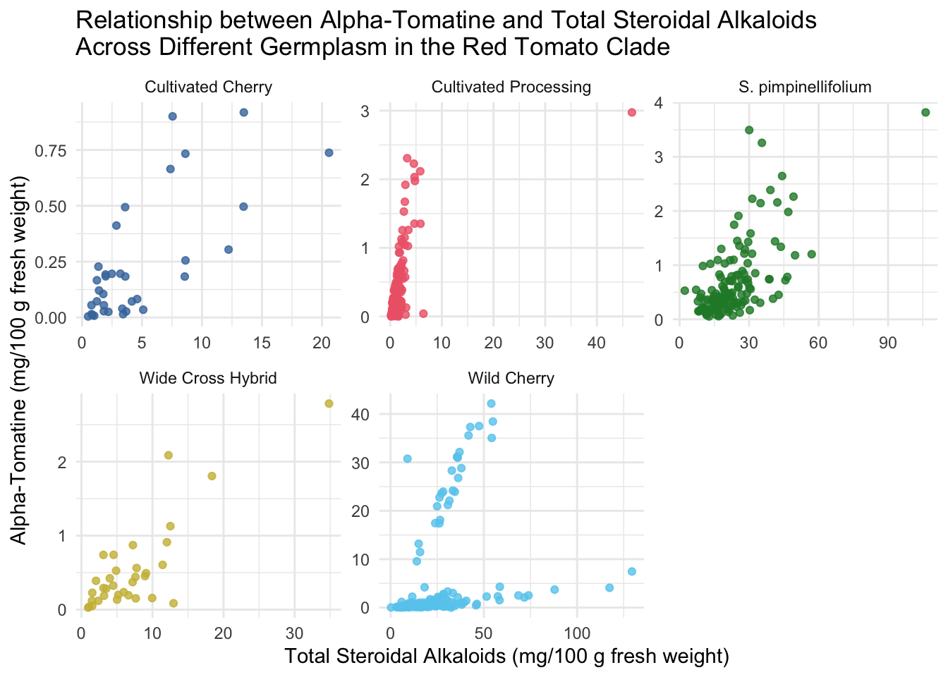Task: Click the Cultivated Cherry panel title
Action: (208, 87)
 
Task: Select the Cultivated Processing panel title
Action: (511, 87)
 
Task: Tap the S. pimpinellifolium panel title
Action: (805, 87)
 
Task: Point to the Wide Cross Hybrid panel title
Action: (208, 378)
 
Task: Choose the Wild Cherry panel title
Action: (511, 378)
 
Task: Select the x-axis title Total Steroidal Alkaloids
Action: (506, 657)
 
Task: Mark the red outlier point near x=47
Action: (632, 112)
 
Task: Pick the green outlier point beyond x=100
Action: (925, 112)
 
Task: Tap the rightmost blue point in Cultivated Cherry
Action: (329, 152)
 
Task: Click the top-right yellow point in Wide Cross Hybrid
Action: (329, 403)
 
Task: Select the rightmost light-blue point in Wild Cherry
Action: (632, 571)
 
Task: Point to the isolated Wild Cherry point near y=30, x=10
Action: (407, 458)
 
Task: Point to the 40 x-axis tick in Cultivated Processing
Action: (596, 343)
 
